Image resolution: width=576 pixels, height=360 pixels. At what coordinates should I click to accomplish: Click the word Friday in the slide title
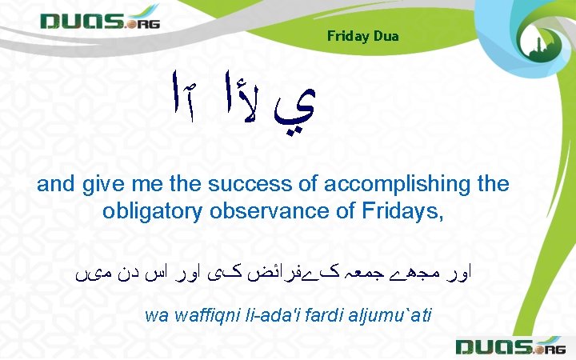[346, 37]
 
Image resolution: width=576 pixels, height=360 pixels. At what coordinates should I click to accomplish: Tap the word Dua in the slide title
[385, 37]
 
